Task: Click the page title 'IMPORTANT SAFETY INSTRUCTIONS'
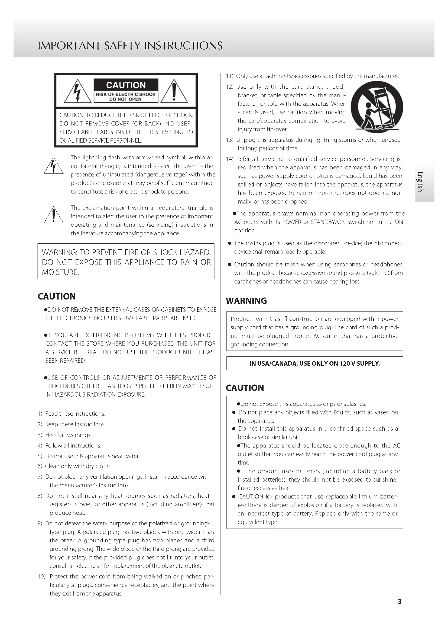point(130,46)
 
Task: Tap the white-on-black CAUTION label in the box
point(126,85)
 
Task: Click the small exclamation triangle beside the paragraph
point(54,215)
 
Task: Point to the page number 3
point(400,602)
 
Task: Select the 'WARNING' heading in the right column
point(246,301)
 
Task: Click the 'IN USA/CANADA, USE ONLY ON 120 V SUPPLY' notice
point(315,363)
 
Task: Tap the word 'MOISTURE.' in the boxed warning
point(60,272)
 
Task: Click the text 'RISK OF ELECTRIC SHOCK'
point(126,94)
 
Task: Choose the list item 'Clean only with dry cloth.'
point(77,466)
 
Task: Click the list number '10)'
point(41,577)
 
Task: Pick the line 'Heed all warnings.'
point(69,435)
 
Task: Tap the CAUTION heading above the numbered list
point(57,297)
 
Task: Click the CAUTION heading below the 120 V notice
point(245,388)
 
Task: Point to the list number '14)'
point(230,159)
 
